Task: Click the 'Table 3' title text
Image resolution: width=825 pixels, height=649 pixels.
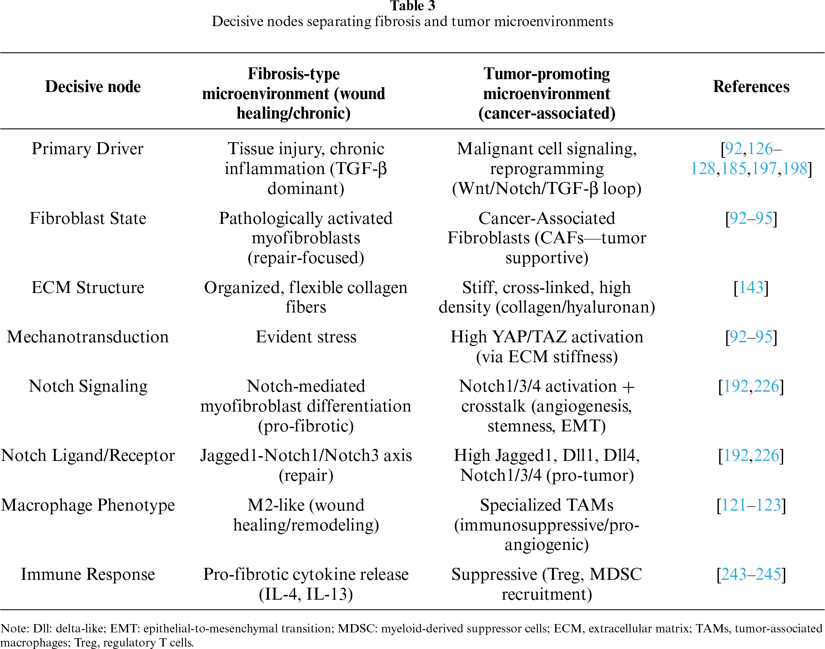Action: click(x=412, y=6)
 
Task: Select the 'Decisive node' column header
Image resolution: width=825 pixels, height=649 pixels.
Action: click(x=93, y=87)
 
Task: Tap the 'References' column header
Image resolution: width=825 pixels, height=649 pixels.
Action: click(x=751, y=87)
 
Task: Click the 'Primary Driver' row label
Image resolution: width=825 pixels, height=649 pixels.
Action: click(x=87, y=149)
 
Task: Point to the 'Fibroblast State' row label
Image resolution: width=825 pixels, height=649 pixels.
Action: click(x=88, y=218)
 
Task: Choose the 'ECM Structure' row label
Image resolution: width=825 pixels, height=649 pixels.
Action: click(x=88, y=288)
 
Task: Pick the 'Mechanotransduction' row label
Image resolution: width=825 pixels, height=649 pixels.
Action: click(x=88, y=337)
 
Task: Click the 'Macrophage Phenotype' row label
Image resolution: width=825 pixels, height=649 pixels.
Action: click(x=88, y=505)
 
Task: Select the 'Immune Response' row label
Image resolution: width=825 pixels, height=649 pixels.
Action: click(x=88, y=574)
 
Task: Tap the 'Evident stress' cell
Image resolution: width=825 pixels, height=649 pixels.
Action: click(x=306, y=337)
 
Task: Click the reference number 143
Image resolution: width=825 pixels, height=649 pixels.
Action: click(x=751, y=288)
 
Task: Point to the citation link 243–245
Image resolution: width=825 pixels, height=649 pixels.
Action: click(x=751, y=574)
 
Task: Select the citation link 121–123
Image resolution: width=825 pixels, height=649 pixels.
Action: click(x=751, y=505)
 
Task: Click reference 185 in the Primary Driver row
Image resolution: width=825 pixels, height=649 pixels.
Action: click(x=734, y=169)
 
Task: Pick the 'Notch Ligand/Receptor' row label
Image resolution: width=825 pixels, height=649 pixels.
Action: click(x=88, y=455)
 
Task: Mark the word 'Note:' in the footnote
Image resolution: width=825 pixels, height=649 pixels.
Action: click(x=14, y=628)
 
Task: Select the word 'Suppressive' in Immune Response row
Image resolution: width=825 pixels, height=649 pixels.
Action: click(x=494, y=574)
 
